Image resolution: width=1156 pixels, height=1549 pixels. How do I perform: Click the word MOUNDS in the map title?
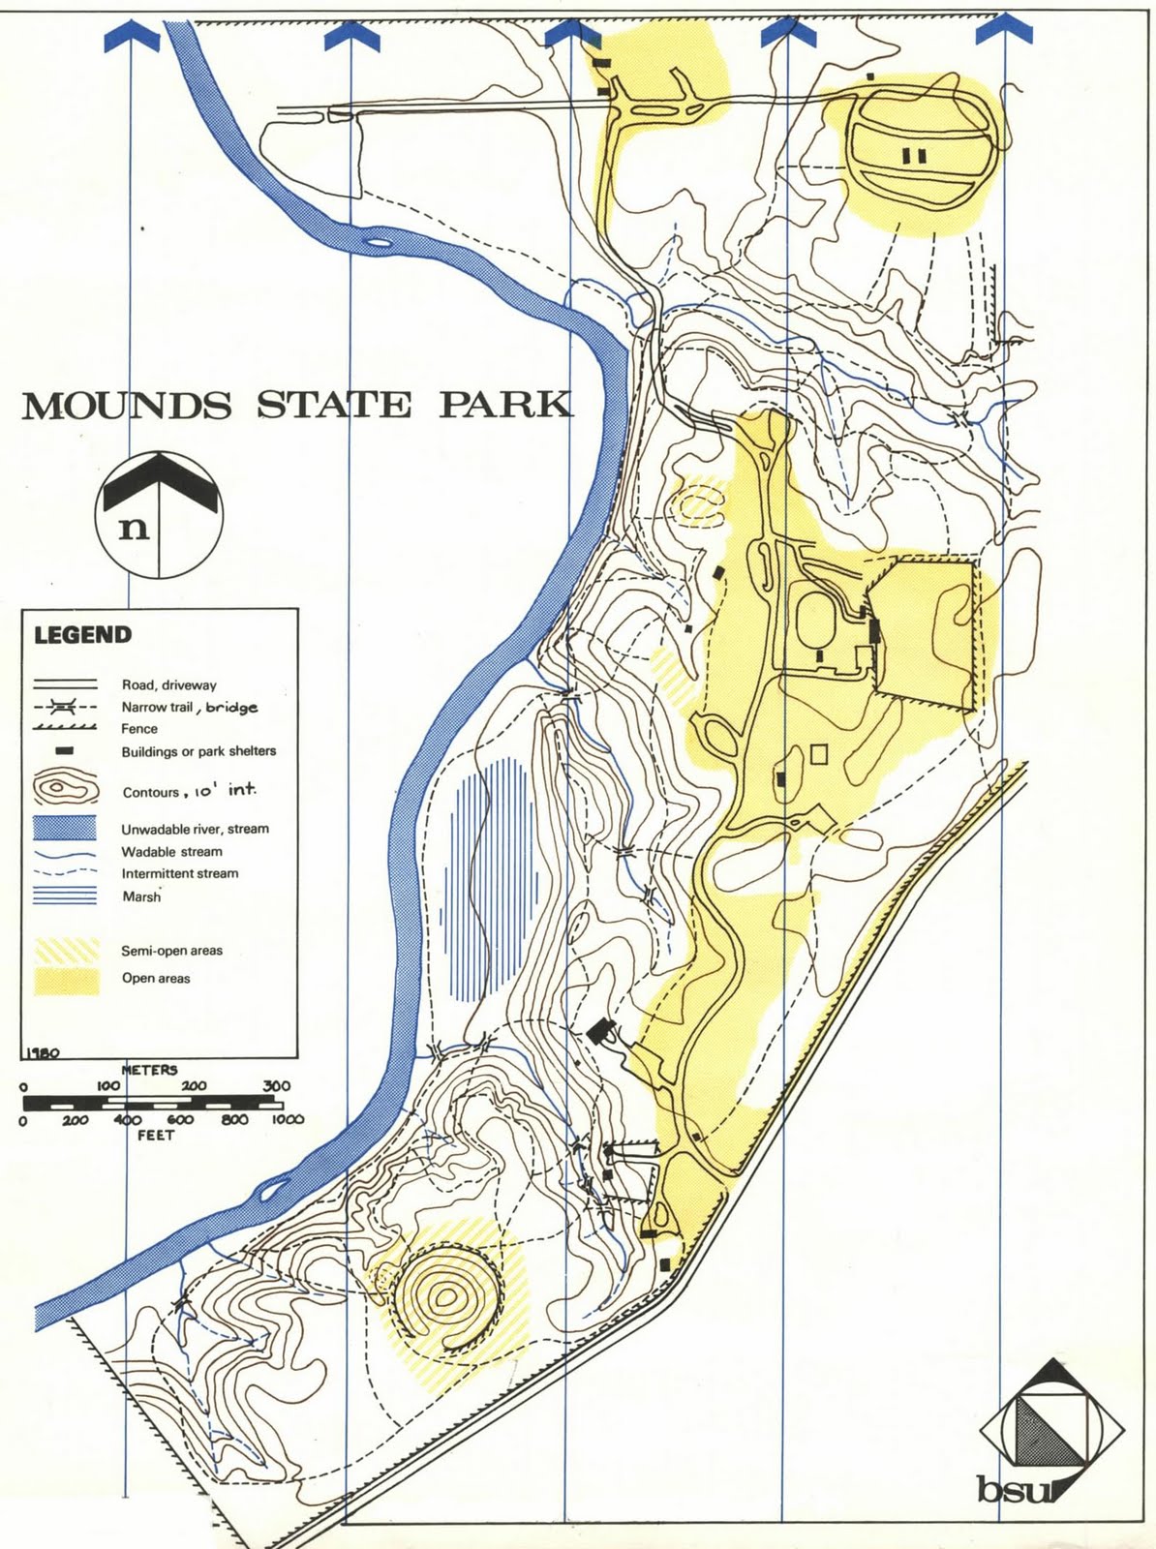click(127, 405)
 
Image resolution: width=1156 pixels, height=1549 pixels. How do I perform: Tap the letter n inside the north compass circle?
click(134, 528)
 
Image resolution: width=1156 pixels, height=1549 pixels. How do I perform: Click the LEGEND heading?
click(82, 635)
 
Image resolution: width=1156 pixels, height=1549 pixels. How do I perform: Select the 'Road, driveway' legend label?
click(168, 684)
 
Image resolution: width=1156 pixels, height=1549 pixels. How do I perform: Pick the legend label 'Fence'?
click(139, 729)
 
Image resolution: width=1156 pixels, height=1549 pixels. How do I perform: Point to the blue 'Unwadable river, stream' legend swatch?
click(65, 829)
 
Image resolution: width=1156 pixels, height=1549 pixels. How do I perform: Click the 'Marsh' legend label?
click(141, 896)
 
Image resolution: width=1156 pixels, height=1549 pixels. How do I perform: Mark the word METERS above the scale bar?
click(149, 1070)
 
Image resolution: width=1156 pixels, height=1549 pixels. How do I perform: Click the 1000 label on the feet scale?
click(288, 1119)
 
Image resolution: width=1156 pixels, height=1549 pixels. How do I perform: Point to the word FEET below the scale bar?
click(155, 1135)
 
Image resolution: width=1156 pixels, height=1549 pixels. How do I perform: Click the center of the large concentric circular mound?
click(444, 1297)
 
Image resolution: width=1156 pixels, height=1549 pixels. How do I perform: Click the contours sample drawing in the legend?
click(65, 788)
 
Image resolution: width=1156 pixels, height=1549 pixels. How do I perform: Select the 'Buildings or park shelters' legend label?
click(198, 751)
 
